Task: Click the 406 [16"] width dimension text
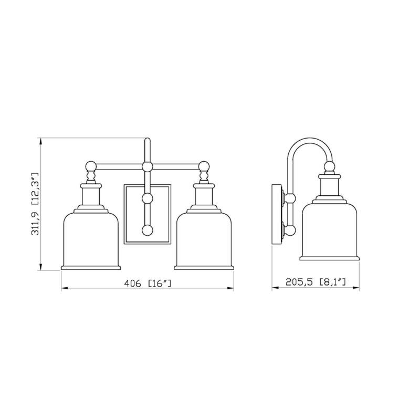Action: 148,283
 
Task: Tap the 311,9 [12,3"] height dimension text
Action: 36,205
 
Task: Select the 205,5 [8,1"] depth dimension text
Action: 316,282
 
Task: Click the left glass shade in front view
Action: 91,239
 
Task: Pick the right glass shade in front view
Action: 204,239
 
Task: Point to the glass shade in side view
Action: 329,231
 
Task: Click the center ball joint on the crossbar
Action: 148,167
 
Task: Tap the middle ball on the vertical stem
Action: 148,198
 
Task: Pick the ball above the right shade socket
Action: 204,167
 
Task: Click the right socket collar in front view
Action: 204,195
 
